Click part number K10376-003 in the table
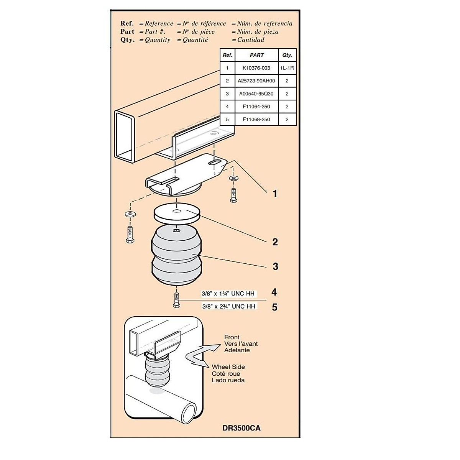point(256,68)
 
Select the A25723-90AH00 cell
point(256,81)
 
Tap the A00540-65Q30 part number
point(256,94)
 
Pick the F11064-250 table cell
point(256,107)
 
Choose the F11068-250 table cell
point(256,119)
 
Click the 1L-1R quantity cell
point(287,68)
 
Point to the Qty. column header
point(287,55)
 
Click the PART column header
point(256,55)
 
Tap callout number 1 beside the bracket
point(274,194)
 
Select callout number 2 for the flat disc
point(275,242)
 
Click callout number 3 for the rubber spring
point(275,266)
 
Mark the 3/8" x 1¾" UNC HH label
point(228,294)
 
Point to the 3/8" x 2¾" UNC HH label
point(228,306)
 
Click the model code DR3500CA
point(241,428)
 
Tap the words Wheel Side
point(228,367)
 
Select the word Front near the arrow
point(232,337)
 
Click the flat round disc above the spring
point(177,213)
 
